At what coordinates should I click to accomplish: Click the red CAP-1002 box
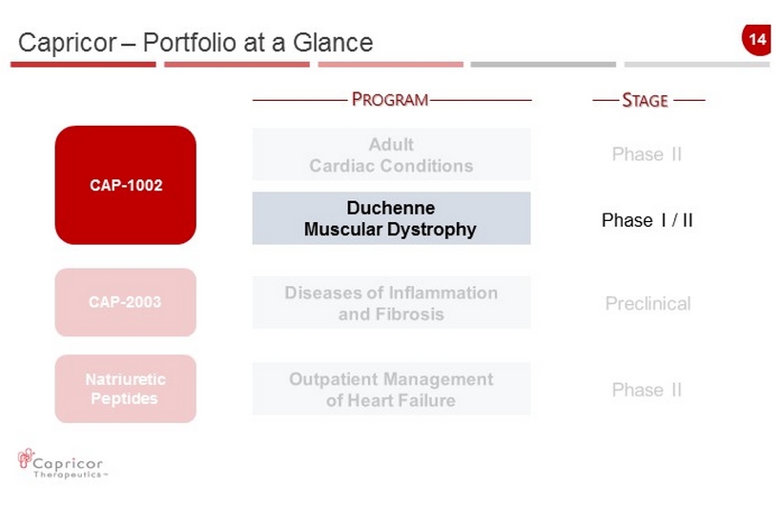126,185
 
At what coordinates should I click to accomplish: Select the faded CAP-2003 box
126,302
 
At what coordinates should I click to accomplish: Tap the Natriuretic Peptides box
126,389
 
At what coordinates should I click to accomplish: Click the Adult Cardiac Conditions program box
392,154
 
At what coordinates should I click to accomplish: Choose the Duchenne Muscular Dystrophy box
392,218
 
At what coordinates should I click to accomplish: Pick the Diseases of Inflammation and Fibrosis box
392,303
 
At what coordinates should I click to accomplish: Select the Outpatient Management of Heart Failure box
392,389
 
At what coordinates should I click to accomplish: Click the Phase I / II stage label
648,220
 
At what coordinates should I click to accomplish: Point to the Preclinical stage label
648,303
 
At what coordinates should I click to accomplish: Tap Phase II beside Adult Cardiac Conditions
647,154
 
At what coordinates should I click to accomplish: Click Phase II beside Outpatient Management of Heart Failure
647,390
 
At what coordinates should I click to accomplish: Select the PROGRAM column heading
390,99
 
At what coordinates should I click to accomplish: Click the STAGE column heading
645,100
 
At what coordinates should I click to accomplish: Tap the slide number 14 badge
756,40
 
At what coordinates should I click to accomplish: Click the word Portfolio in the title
189,42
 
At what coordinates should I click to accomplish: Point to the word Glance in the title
333,42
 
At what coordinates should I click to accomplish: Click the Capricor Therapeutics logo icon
25,457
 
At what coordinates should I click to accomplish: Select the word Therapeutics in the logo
68,475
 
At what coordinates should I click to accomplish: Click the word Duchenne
391,208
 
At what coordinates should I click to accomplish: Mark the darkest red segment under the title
83,64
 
